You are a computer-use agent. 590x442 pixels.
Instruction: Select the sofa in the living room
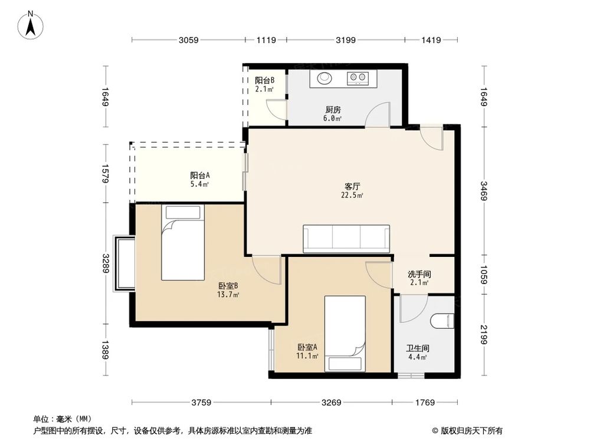tap(346, 239)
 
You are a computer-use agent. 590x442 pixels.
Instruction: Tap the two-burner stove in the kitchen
tap(358, 77)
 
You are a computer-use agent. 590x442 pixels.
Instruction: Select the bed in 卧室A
tap(345, 334)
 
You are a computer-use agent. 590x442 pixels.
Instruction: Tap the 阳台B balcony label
tap(264, 81)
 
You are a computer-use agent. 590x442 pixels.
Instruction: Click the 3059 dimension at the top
tap(188, 40)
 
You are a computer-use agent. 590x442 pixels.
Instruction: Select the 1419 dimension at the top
tap(432, 40)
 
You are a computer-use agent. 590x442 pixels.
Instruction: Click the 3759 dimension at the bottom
tap(201, 403)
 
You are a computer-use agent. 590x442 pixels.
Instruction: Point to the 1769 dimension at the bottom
tap(424, 403)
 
